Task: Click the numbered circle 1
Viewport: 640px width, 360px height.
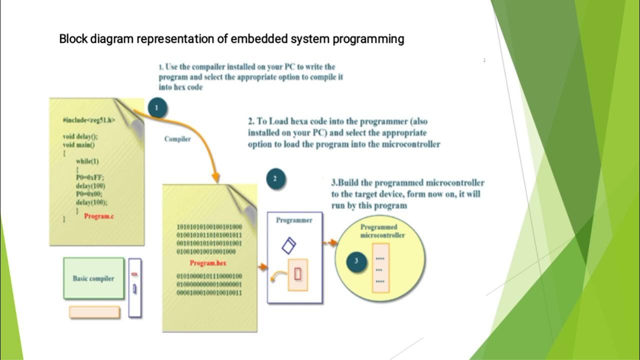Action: [158, 107]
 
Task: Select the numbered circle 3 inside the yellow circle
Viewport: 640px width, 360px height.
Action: [356, 261]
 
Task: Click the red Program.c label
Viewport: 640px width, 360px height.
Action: [99, 216]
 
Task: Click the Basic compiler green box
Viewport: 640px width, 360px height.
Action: [93, 278]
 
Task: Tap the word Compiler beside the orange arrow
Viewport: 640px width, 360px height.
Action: [177, 139]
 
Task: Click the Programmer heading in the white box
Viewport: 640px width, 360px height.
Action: [294, 220]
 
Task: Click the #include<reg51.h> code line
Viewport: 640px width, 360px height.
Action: [89, 120]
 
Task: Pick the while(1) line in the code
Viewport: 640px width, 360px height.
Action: [87, 161]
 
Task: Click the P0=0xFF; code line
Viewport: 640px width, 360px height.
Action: [90, 177]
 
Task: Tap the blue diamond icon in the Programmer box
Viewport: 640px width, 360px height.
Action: [288, 245]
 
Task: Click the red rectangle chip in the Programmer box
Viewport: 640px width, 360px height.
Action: [298, 274]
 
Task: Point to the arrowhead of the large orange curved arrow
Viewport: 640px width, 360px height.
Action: [215, 177]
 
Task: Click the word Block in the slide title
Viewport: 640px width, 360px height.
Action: [73, 39]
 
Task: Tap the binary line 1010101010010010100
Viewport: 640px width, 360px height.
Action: [209, 226]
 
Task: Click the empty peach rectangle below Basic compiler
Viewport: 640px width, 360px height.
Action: [94, 312]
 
